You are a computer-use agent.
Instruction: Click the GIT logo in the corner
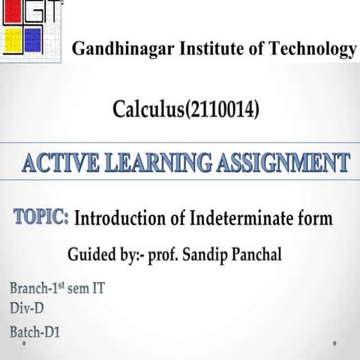click(30, 30)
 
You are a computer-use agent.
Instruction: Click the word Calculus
click(147, 112)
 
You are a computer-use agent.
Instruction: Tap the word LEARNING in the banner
click(151, 162)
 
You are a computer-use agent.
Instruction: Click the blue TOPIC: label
click(42, 217)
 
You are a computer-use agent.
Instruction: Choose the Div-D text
click(29, 307)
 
